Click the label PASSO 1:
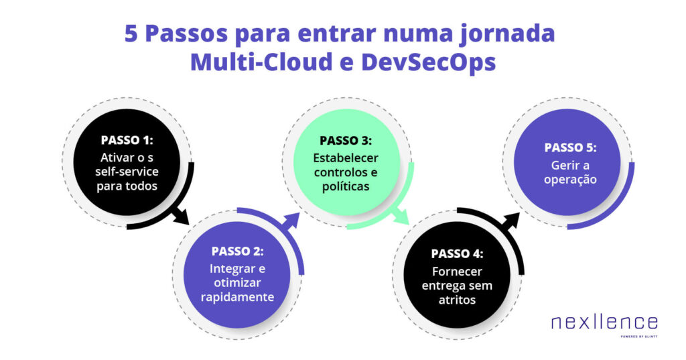click(127, 141)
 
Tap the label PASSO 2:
click(238, 251)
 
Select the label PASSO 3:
click(346, 141)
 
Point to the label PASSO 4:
click(457, 254)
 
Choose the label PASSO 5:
click(570, 147)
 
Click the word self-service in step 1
click(127, 171)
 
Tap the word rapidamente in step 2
click(238, 297)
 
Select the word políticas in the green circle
click(346, 186)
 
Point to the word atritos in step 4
click(457, 300)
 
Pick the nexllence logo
click(604, 324)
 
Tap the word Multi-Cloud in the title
click(257, 62)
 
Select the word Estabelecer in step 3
click(346, 158)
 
